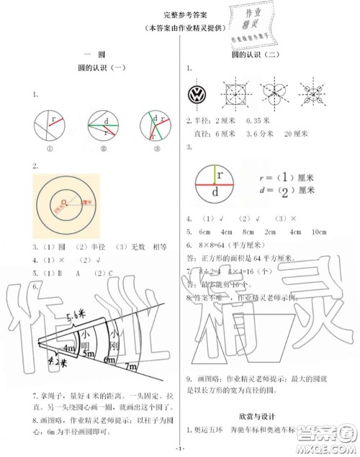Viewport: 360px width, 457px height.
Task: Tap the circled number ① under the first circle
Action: tap(51, 150)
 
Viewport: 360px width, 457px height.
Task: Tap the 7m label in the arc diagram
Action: tap(135, 368)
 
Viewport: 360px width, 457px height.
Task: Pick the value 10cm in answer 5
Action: tap(318, 232)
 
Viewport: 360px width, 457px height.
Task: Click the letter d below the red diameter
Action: tap(217, 194)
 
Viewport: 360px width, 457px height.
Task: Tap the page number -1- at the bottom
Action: tap(181, 451)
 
